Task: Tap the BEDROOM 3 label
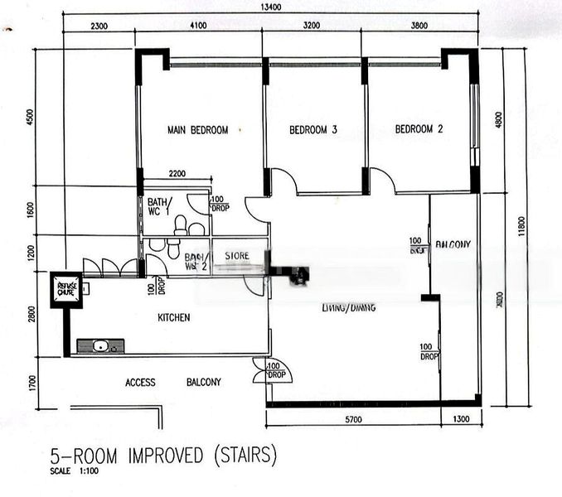[x=312, y=129]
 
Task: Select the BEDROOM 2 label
[x=419, y=129]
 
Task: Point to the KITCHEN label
[x=174, y=317]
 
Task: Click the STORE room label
[x=239, y=257]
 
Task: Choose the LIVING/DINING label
[x=348, y=307]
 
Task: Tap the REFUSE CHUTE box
[x=65, y=289]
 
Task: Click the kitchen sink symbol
[x=100, y=345]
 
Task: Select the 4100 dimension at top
[x=198, y=26]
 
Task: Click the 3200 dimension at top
[x=312, y=26]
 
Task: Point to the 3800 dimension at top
[x=419, y=26]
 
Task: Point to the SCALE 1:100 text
[x=73, y=472]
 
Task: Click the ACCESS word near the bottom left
[x=140, y=382]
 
